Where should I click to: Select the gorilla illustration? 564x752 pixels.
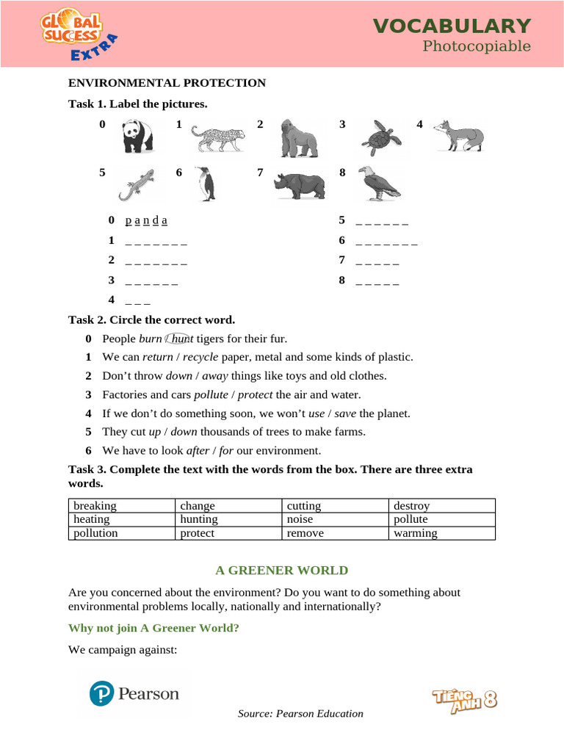(x=298, y=138)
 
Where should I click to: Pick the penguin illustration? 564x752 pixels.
(x=206, y=184)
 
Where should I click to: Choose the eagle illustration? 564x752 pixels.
(x=379, y=184)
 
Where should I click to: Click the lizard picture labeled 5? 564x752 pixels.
(x=137, y=184)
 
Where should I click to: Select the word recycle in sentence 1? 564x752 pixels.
(x=200, y=357)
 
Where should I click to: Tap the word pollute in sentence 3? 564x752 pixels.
(x=211, y=394)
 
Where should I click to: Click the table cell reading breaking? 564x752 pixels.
(x=95, y=506)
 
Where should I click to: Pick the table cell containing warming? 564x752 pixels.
(x=415, y=533)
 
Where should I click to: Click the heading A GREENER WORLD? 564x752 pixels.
(x=281, y=570)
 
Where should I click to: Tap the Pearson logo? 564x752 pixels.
(x=134, y=693)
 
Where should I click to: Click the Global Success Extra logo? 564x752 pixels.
(x=77, y=35)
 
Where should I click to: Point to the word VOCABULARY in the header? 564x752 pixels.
(x=452, y=26)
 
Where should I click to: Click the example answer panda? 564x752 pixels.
(x=146, y=220)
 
